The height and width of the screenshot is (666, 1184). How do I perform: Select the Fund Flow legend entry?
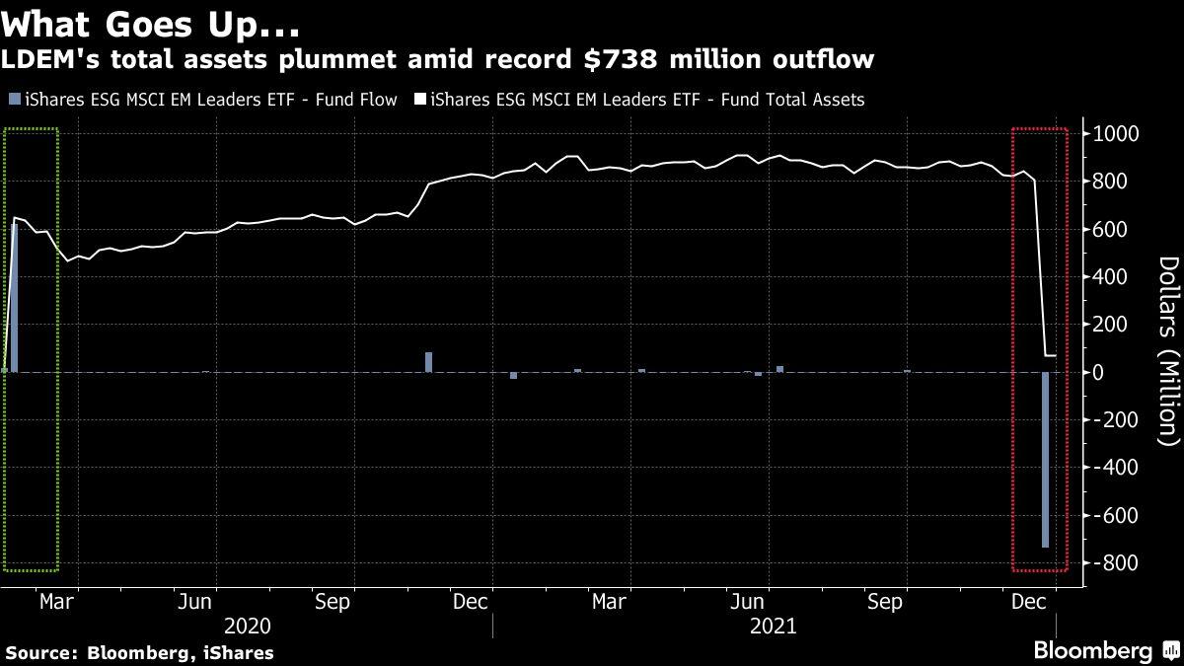click(x=202, y=100)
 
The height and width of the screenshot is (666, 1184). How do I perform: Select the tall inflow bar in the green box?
click(x=15, y=297)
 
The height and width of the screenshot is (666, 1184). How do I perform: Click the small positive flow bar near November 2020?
click(x=429, y=361)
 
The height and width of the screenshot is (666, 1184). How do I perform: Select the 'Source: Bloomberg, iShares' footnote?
click(x=140, y=652)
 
